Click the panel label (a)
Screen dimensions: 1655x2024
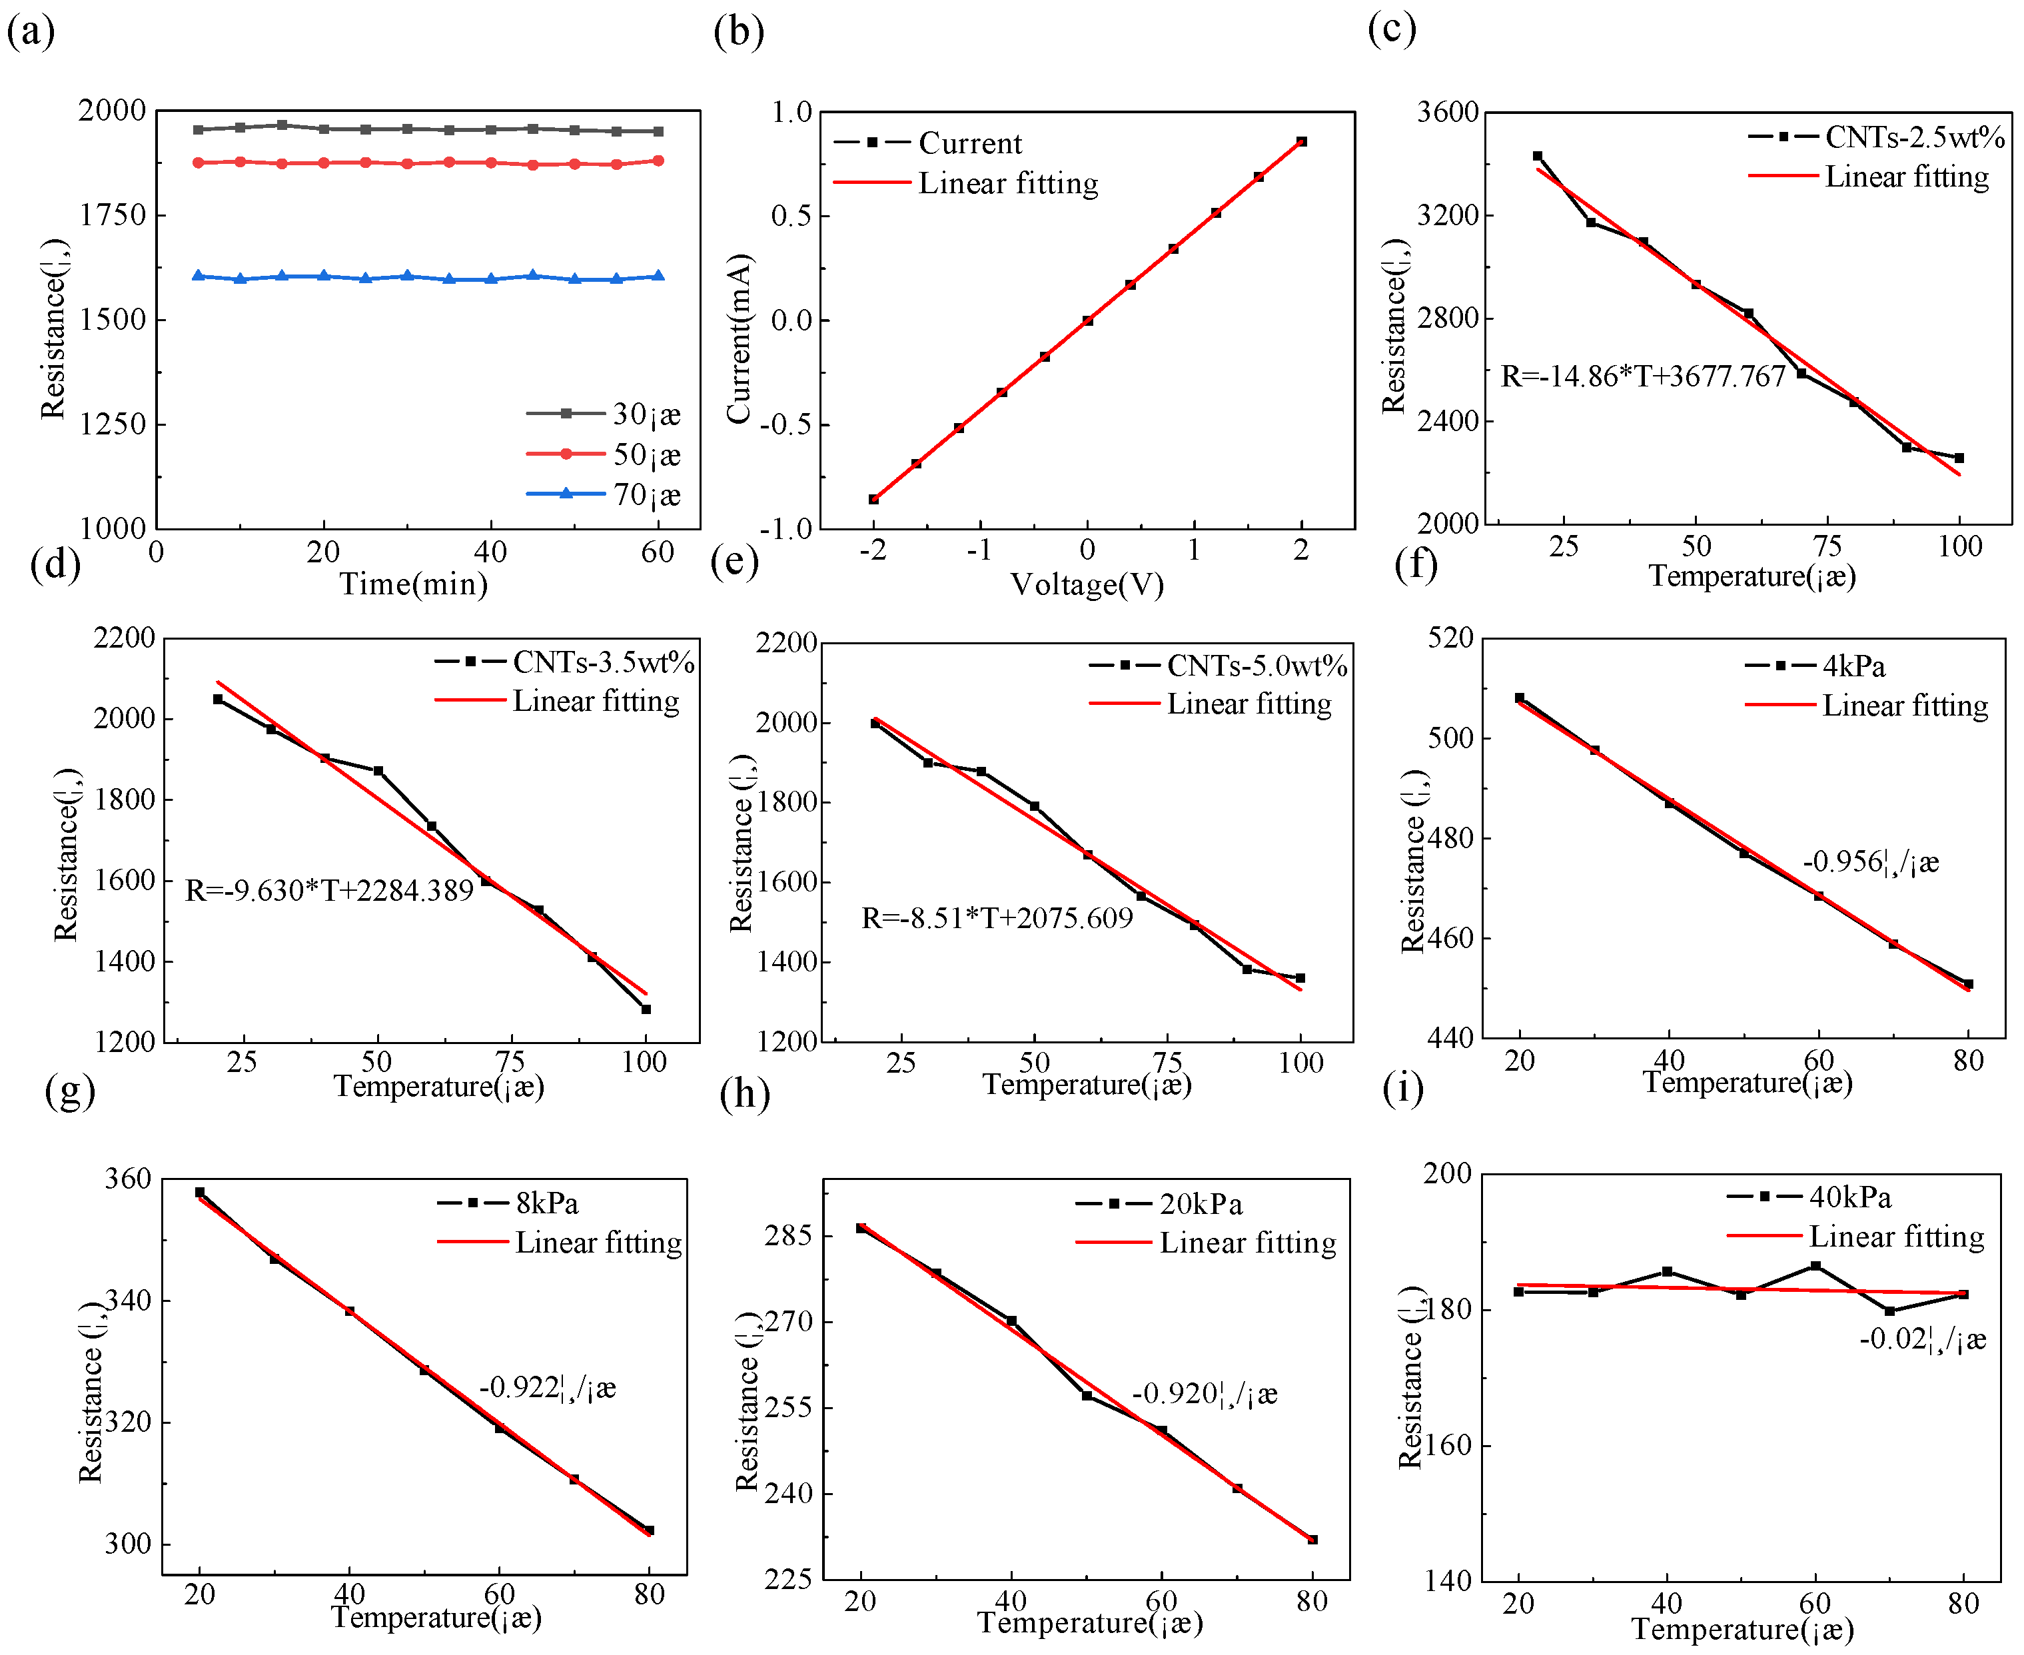tap(31, 33)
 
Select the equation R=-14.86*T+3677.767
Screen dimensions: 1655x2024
tap(1642, 376)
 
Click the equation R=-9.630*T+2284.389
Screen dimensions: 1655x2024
tap(329, 890)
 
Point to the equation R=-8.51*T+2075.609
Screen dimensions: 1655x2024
tap(996, 918)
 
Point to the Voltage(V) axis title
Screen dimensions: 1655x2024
tap(1087, 584)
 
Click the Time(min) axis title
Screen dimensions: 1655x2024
tap(414, 584)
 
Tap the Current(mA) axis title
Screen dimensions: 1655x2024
tap(739, 338)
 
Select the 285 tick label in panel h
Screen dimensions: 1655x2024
tap(788, 1235)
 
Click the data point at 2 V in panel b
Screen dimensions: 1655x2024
tap(1301, 142)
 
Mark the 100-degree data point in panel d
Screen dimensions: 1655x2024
tap(646, 1009)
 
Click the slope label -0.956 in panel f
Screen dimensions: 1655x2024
tap(1869, 862)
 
